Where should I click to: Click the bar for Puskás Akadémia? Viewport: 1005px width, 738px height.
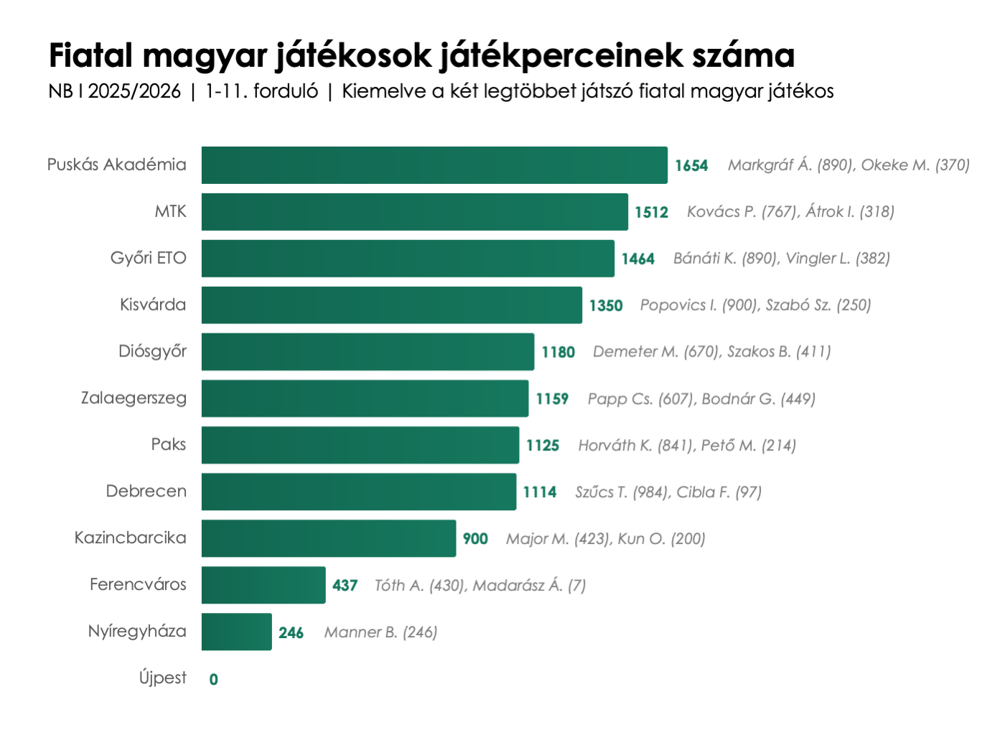tap(434, 165)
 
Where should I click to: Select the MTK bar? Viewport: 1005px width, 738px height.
tap(414, 212)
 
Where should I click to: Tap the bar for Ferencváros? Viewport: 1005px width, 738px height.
tap(263, 585)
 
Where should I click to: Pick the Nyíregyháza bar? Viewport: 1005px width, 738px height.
tap(236, 632)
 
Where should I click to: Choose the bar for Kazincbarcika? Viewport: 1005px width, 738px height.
tap(328, 538)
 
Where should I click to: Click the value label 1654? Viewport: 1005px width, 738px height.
tap(691, 166)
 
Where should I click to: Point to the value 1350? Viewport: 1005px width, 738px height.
tap(606, 306)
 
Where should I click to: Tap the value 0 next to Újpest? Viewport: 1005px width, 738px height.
tap(214, 679)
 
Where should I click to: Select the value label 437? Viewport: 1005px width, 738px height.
tap(345, 586)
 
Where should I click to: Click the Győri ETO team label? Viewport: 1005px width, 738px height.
tap(148, 258)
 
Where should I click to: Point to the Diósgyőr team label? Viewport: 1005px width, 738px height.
tap(152, 351)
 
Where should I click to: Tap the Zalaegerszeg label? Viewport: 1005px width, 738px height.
tap(134, 398)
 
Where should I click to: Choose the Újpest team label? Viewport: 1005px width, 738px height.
tap(163, 678)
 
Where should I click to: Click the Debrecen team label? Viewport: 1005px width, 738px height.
tap(146, 492)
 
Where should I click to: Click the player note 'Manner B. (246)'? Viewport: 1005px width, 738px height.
tap(380, 632)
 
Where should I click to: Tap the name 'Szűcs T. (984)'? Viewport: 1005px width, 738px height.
tap(623, 492)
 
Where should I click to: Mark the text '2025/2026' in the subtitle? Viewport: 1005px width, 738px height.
tap(134, 91)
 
